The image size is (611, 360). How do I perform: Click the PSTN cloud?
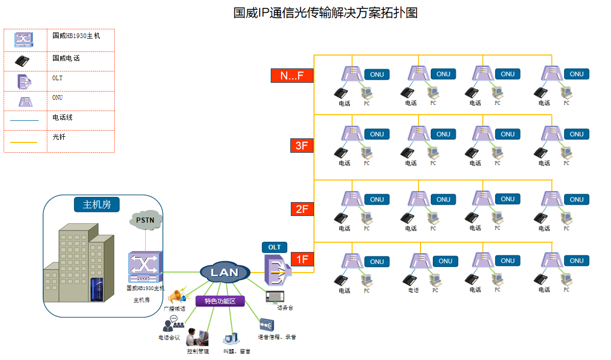tap(146, 220)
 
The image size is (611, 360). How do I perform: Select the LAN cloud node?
tap(225, 272)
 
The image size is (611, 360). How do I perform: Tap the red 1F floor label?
tap(302, 259)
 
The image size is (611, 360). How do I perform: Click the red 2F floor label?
tap(302, 209)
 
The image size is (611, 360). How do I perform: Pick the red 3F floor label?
tap(302, 146)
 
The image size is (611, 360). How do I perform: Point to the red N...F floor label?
tap(292, 76)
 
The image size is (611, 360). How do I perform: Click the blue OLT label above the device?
tap(274, 247)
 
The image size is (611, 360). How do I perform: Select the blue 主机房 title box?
tap(97, 204)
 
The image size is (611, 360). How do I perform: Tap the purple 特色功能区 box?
tap(220, 301)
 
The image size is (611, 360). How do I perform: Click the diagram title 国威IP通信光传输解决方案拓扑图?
tap(325, 13)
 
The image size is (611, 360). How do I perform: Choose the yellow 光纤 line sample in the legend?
tap(24, 142)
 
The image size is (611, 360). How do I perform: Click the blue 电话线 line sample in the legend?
tap(24, 120)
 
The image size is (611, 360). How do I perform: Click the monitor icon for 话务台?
tap(274, 297)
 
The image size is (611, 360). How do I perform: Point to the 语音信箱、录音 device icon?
tap(267, 326)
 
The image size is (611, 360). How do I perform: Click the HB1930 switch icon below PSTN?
tap(145, 266)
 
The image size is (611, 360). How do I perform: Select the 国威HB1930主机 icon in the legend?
tap(24, 40)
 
